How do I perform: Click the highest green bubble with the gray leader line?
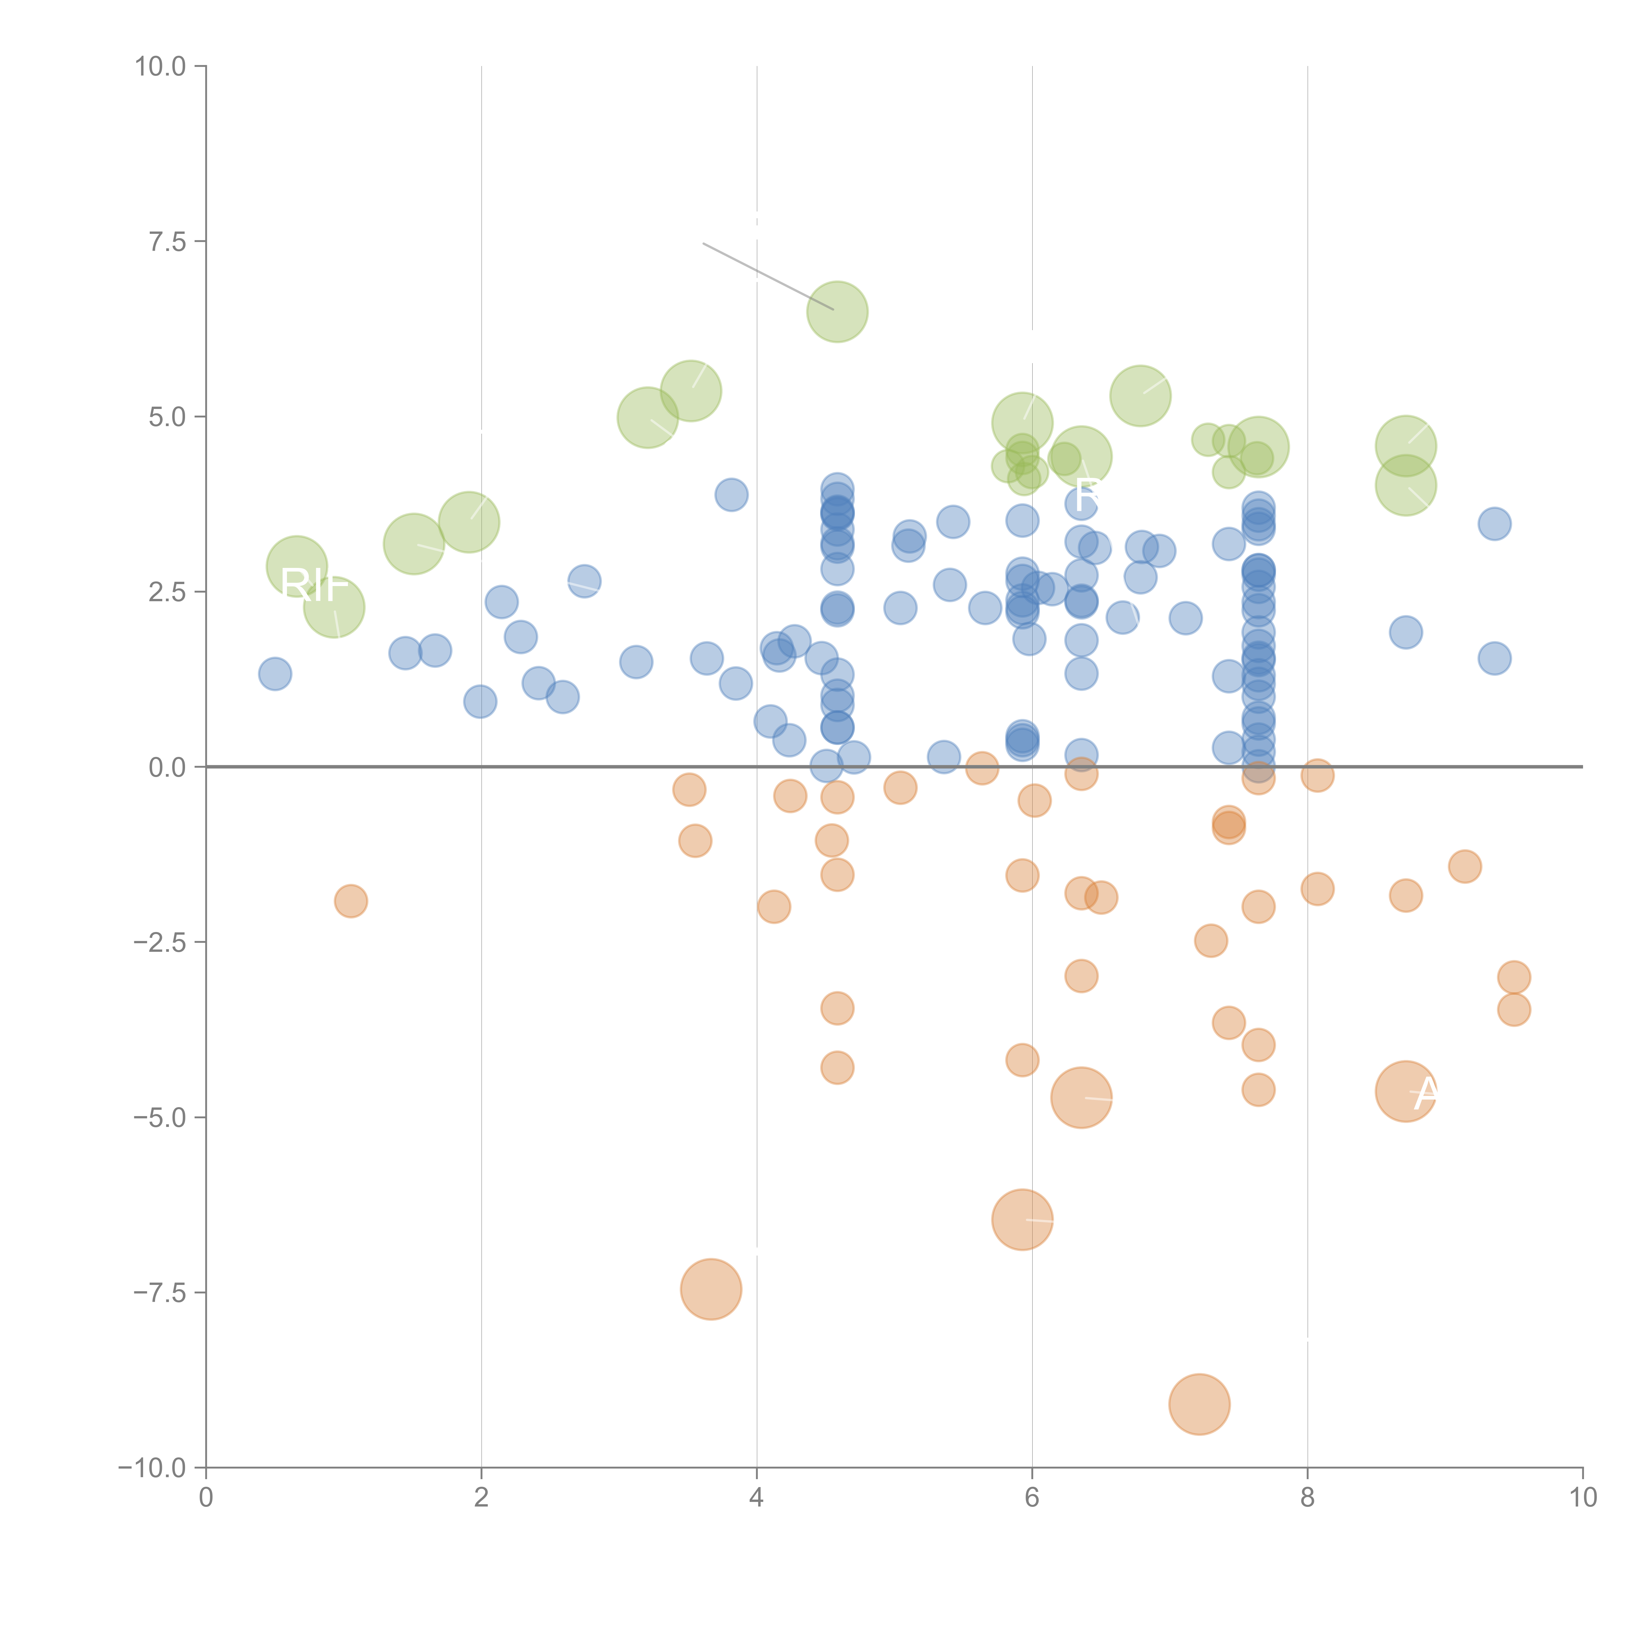(837, 312)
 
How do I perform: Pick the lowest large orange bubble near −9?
(1199, 1404)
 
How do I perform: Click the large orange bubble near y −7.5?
(711, 1289)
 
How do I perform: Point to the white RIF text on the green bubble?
(314, 585)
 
